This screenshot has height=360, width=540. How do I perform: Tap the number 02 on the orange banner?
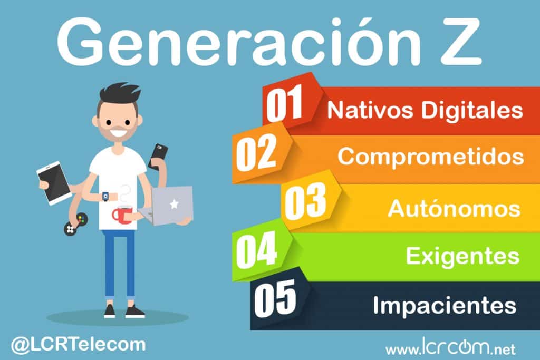pos(255,154)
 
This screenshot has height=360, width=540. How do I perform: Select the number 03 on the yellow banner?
pos(306,203)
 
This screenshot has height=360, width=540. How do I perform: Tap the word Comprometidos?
pos(430,157)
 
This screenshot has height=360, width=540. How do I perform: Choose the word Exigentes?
pos(462,257)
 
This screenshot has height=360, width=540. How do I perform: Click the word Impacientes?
pos(444,305)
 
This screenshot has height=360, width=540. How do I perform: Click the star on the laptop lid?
pos(174,204)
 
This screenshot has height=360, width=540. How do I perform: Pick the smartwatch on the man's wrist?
pos(107,196)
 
